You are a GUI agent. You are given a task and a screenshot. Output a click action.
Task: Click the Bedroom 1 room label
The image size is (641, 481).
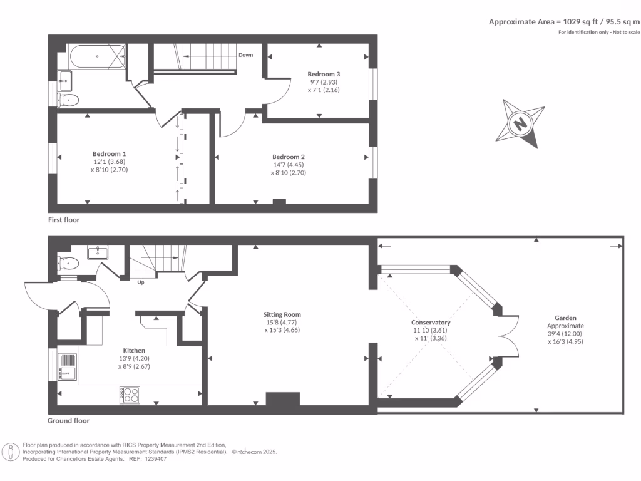click(x=109, y=154)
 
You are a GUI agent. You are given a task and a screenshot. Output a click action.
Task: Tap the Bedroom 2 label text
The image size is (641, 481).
click(x=289, y=157)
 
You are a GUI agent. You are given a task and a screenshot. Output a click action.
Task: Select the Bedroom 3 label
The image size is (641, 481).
click(x=324, y=74)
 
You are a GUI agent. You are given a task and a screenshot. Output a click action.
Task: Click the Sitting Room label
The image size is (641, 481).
click(x=282, y=314)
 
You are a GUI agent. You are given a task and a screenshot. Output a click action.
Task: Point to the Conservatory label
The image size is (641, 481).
click(x=431, y=323)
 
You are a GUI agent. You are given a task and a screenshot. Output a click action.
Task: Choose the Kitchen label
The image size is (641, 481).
click(x=134, y=351)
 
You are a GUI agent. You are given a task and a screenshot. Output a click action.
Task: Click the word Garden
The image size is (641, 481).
click(x=565, y=318)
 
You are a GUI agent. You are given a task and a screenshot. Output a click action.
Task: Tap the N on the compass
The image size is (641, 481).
click(x=520, y=123)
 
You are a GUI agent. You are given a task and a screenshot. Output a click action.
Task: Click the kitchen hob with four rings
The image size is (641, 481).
click(x=130, y=395)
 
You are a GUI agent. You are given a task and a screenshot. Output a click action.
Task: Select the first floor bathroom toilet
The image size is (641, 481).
click(x=68, y=100)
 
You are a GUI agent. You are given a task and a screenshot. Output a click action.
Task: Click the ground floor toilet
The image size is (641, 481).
click(x=68, y=263)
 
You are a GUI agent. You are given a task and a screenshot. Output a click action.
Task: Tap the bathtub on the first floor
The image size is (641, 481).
click(x=98, y=56)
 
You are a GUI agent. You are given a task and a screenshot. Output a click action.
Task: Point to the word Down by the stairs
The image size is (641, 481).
click(x=245, y=55)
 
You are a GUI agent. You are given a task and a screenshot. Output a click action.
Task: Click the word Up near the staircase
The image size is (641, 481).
click(x=141, y=282)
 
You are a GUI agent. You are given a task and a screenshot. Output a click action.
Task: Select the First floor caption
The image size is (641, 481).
click(x=64, y=220)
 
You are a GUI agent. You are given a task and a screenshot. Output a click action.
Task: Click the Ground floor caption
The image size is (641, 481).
click(x=68, y=420)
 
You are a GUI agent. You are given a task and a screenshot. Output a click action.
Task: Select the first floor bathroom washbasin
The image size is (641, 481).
click(x=64, y=81)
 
